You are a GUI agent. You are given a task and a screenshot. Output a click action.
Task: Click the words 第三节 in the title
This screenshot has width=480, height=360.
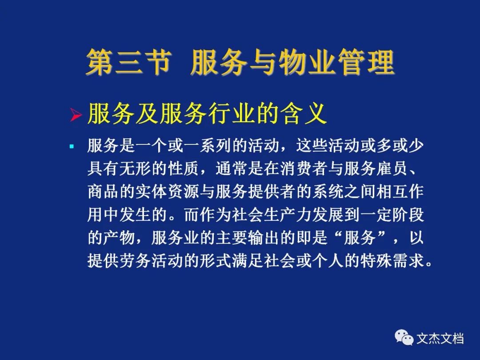(128, 62)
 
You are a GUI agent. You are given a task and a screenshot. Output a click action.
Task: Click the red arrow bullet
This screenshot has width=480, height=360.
(76, 115)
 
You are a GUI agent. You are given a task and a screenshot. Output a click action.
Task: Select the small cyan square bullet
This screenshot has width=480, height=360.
(72, 146)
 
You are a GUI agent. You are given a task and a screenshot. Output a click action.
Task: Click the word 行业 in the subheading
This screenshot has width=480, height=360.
(232, 114)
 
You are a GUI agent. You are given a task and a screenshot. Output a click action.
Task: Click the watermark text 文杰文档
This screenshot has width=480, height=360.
(440, 338)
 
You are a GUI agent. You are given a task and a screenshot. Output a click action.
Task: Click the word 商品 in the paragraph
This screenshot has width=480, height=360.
(103, 192)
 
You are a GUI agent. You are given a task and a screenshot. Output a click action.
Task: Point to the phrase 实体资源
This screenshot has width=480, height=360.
(167, 192)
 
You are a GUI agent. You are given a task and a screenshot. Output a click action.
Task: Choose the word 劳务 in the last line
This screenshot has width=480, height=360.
(135, 260)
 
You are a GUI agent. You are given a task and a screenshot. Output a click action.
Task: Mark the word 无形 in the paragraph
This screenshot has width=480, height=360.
(135, 168)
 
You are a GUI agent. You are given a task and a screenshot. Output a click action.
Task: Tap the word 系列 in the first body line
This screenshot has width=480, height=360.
(216, 145)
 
